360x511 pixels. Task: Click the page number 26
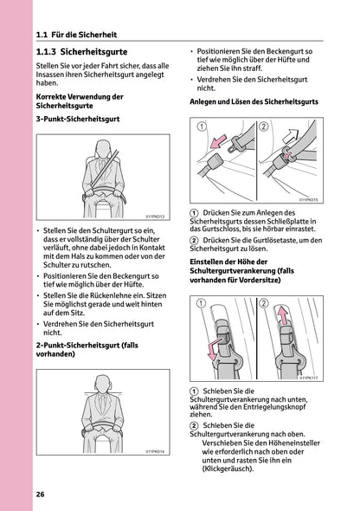(41, 494)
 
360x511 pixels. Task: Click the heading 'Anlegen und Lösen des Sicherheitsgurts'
(254, 101)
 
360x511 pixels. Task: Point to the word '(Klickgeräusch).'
(227, 469)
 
